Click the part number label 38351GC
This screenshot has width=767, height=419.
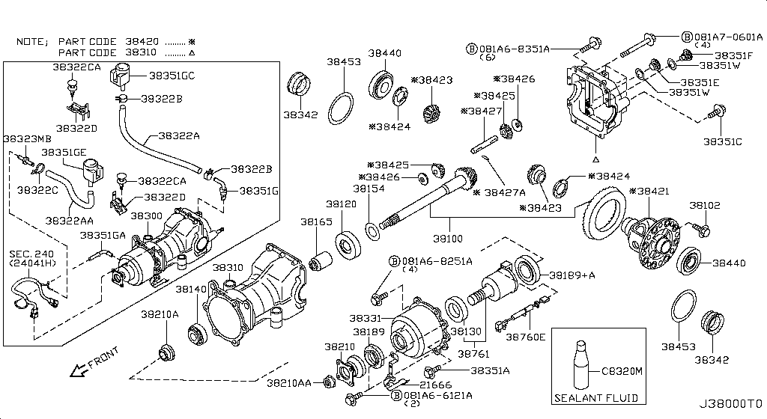(172, 76)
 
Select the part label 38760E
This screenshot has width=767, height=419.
(526, 337)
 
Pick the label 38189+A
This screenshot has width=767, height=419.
(572, 275)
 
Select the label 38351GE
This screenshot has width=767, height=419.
(64, 152)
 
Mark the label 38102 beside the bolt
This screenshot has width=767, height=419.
(705, 205)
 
